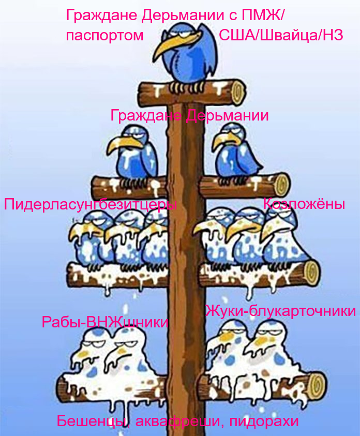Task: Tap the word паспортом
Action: tap(105, 35)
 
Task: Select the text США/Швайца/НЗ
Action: tap(281, 35)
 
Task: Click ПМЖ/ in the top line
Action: tap(262, 15)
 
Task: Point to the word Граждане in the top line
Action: tap(102, 16)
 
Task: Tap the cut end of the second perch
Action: tap(282, 184)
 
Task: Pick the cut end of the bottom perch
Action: tap(318, 385)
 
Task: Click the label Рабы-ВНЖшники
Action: tap(105, 322)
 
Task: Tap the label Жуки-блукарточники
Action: tap(280, 310)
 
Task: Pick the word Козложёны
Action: tap(304, 204)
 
